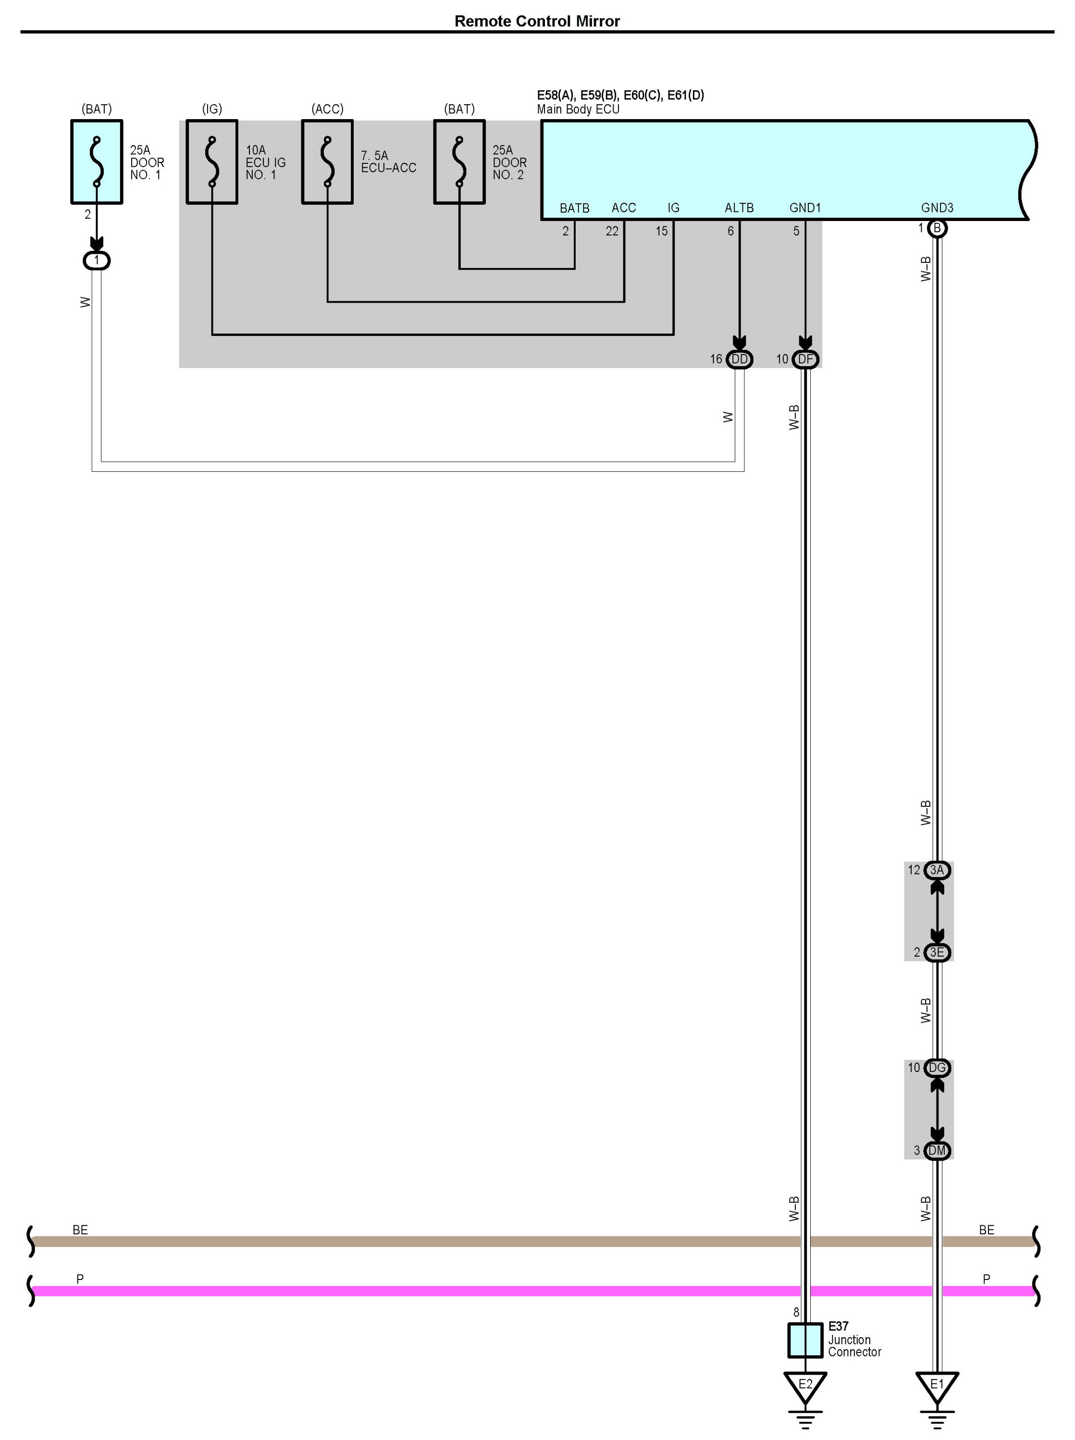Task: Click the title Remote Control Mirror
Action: (x=537, y=22)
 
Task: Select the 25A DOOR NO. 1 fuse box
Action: (x=96, y=162)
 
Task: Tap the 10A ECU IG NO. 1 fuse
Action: (x=211, y=162)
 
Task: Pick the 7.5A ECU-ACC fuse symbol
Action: (x=327, y=162)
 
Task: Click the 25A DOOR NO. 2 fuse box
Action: (x=459, y=162)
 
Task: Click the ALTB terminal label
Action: (x=739, y=208)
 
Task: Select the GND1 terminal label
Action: (x=805, y=208)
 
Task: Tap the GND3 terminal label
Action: (x=937, y=208)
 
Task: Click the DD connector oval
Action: (x=739, y=359)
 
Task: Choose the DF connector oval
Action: (x=805, y=359)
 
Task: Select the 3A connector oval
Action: (x=937, y=870)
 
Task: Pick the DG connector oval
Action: (x=937, y=1068)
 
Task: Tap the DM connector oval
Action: (x=937, y=1150)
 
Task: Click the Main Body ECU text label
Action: (x=578, y=110)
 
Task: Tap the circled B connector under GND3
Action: (x=937, y=228)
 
